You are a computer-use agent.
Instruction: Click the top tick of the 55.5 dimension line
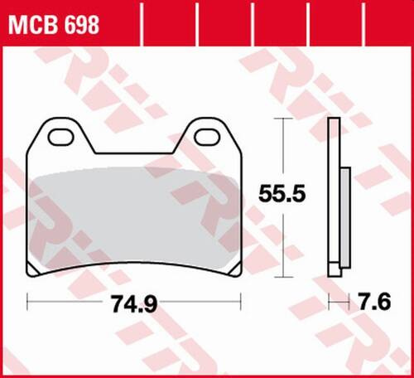pos(286,119)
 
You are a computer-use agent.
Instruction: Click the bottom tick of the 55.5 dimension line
pos(286,276)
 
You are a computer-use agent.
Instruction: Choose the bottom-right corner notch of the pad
pos(236,272)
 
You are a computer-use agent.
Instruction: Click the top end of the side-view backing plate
pos(335,123)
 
